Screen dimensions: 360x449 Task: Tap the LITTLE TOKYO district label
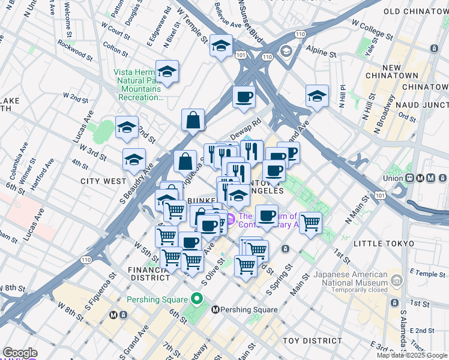[384, 243]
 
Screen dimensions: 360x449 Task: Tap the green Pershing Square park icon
[196, 299]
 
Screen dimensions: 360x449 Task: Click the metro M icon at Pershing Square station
[217, 310]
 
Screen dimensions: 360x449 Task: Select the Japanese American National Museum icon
[396, 280]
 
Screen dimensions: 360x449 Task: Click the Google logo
[20, 353]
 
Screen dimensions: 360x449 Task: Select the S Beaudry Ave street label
[136, 176]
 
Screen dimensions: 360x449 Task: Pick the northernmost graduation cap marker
[221, 45]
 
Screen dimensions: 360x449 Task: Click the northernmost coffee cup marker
[243, 97]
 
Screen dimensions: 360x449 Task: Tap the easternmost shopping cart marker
[310, 223]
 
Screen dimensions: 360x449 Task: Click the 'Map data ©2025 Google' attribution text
[412, 355]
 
